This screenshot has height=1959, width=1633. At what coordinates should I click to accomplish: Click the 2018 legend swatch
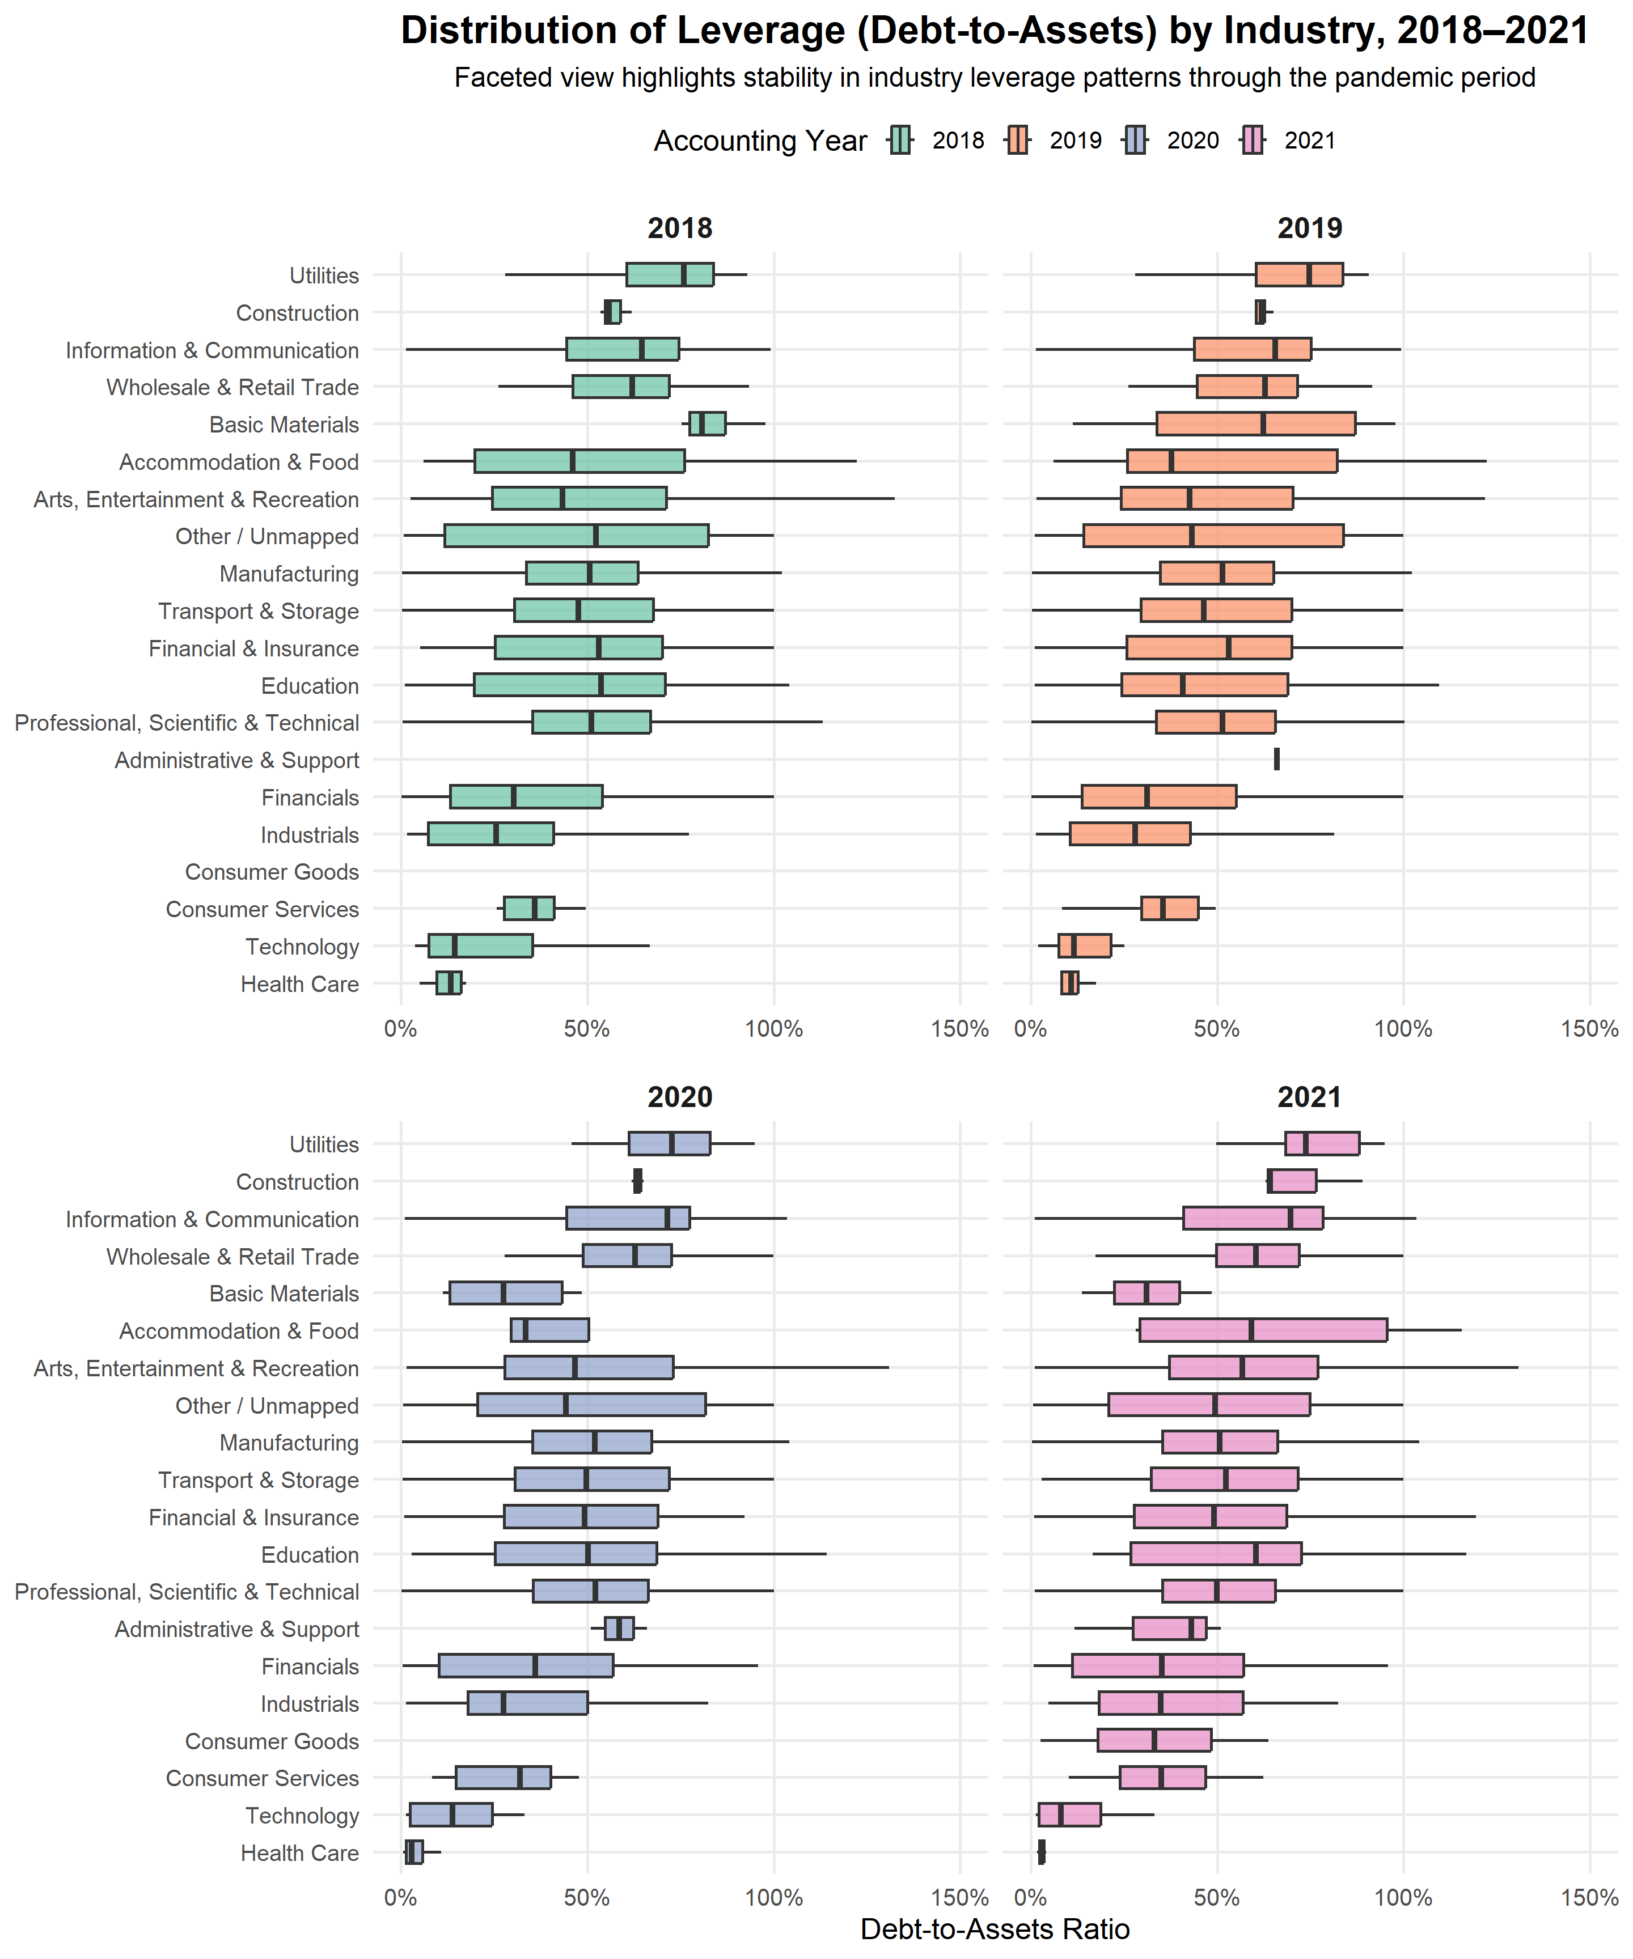tap(900, 141)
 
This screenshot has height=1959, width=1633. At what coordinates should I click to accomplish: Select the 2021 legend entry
tap(1253, 141)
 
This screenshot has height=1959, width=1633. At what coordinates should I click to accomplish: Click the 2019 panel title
tap(1309, 228)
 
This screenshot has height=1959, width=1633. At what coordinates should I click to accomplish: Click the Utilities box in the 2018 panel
tap(669, 275)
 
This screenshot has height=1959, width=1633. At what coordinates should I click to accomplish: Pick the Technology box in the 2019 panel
tap(1084, 946)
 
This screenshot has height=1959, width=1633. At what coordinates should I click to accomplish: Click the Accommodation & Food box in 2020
tap(549, 1330)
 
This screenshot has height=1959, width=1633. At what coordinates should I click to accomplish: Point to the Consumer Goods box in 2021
tap(1154, 1741)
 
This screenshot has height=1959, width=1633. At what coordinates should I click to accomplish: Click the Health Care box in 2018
tap(449, 983)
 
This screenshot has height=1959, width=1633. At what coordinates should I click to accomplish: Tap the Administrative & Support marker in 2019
tap(1276, 760)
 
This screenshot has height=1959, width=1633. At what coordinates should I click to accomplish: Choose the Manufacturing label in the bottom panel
tap(289, 1443)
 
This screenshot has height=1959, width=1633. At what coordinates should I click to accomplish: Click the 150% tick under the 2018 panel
tap(959, 1030)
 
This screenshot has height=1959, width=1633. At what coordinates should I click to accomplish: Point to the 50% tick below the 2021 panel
tap(1217, 1898)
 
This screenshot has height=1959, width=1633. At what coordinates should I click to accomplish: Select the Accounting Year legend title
tap(760, 141)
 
